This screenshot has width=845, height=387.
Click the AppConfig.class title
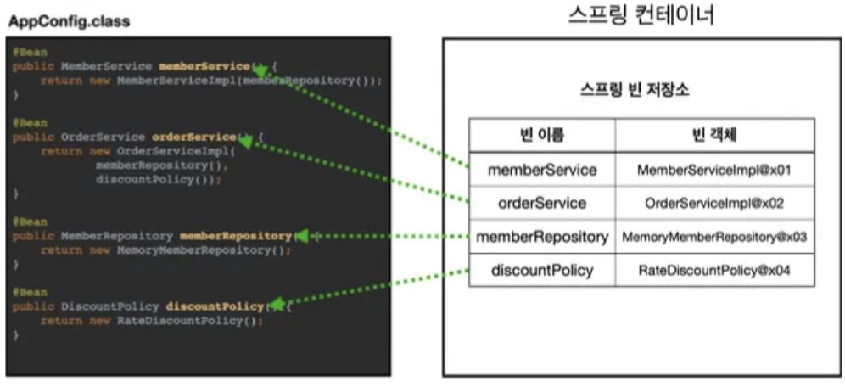(69, 21)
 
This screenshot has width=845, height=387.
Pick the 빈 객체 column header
(714, 135)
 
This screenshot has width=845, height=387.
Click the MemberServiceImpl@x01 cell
(714, 170)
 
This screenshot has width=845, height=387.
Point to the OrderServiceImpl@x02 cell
(714, 203)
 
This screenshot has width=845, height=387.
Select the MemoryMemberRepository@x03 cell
(714, 237)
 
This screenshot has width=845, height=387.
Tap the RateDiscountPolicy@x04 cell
(714, 270)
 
